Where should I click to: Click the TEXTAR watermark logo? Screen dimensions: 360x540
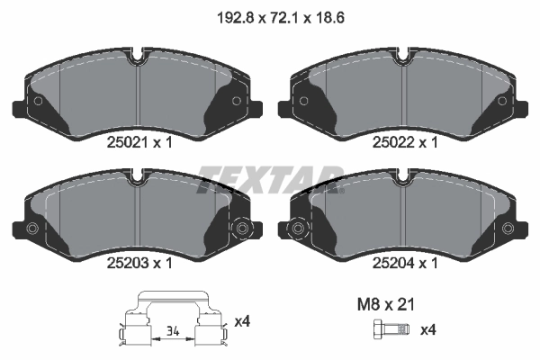270,176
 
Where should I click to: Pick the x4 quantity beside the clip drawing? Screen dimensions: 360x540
241,321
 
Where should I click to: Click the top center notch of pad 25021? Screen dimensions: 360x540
136,62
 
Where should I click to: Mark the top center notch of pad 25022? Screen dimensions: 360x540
404,62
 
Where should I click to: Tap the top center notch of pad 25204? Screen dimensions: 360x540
404,183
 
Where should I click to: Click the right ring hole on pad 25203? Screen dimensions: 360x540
240,229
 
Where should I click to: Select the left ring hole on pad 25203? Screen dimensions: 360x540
31,229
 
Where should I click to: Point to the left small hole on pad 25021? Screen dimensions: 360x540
37,100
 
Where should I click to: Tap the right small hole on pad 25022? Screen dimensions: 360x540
503,100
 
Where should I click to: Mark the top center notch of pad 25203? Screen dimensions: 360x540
136,183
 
